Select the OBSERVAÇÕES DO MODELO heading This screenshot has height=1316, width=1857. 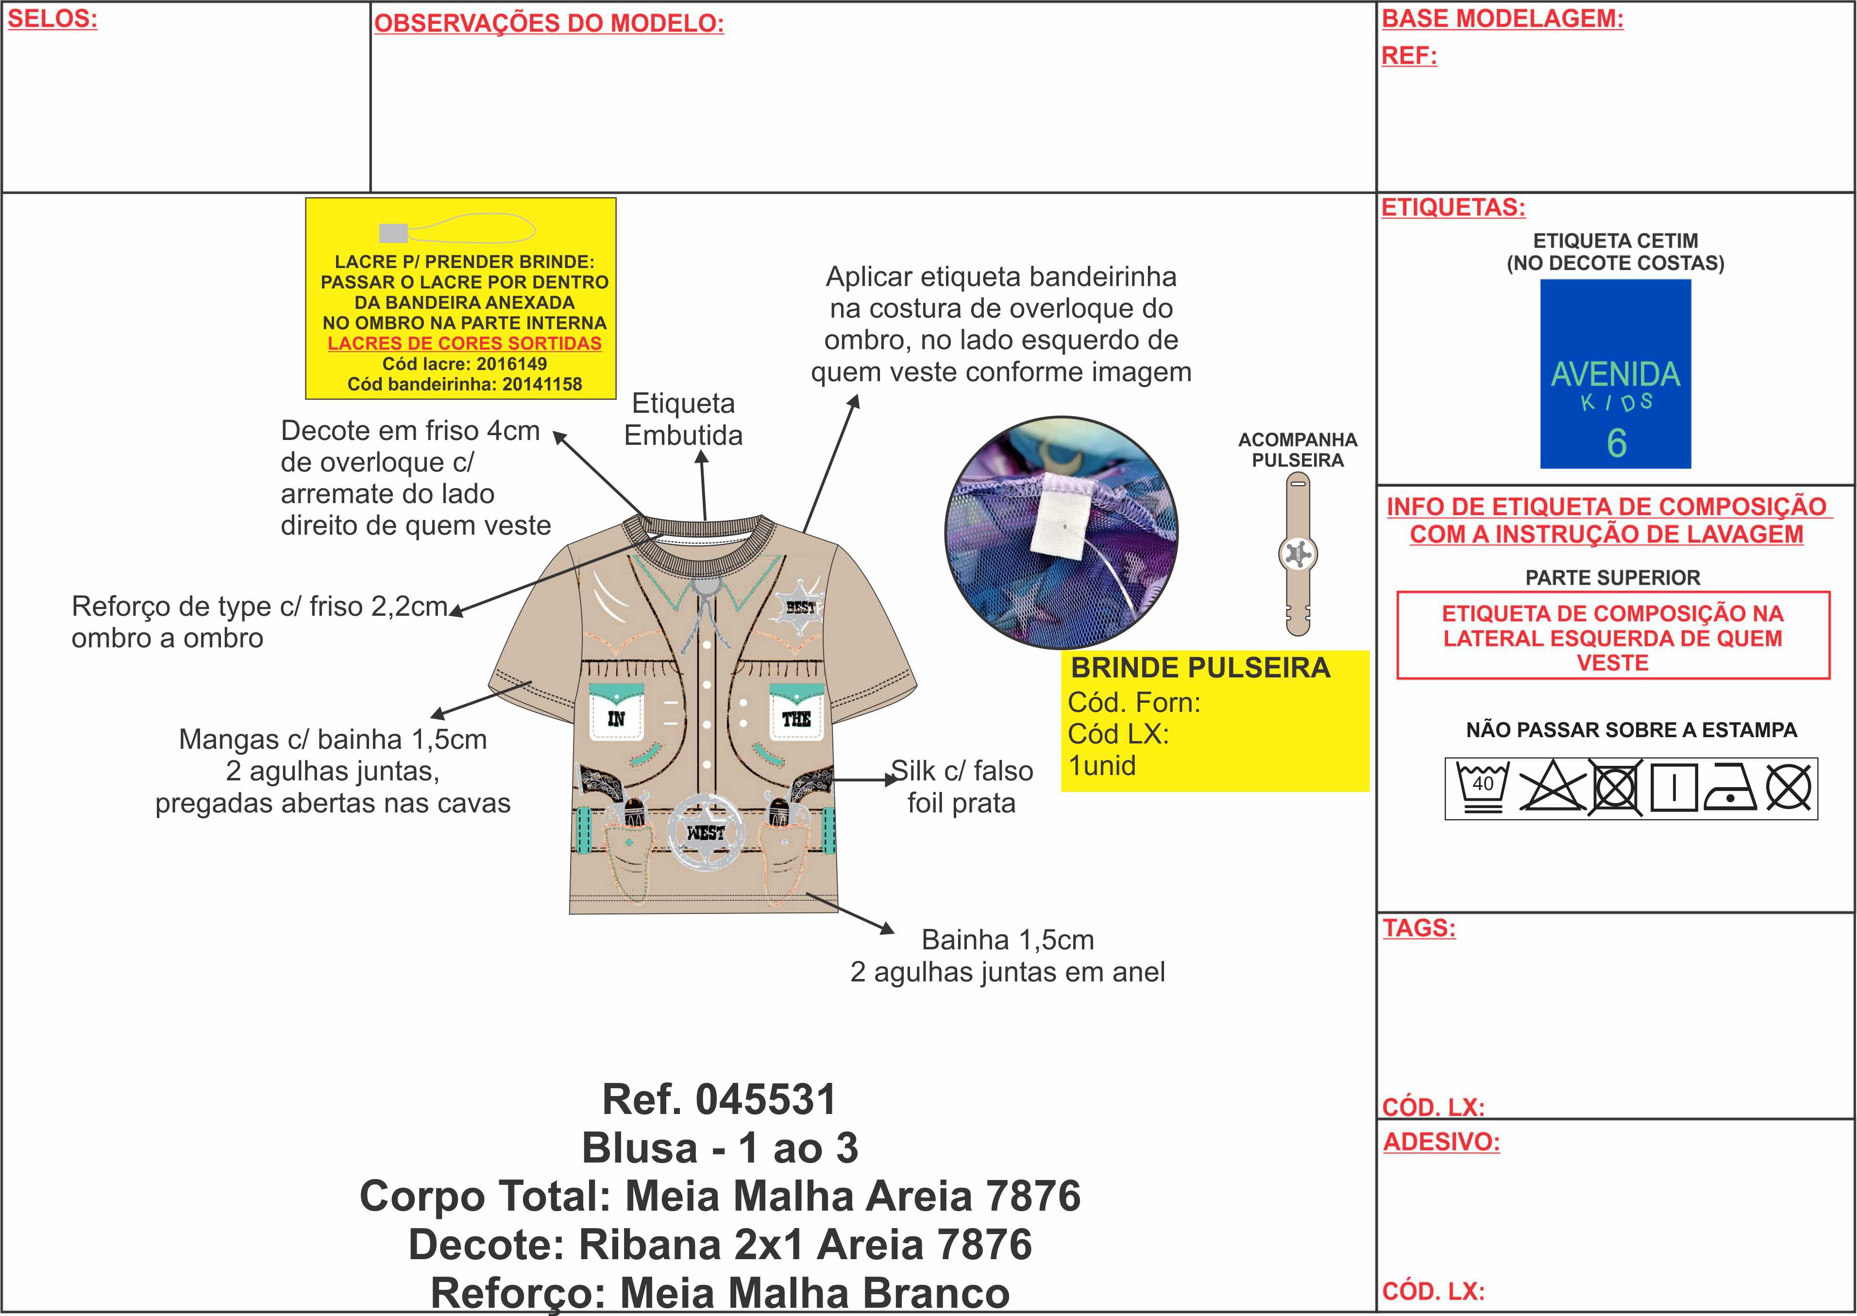pos(549,23)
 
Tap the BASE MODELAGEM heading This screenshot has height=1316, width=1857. pos(1502,18)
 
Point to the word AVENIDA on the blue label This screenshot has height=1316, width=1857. pos(1616,374)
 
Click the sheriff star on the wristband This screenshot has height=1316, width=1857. pos(1298,554)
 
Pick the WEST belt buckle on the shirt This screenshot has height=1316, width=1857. pos(706,833)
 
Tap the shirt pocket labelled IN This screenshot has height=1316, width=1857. pos(616,713)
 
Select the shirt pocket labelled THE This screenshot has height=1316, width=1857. pos(796,713)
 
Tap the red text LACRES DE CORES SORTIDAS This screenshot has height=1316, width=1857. pos(464,344)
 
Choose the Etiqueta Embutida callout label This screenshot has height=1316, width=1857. pos(683,419)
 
